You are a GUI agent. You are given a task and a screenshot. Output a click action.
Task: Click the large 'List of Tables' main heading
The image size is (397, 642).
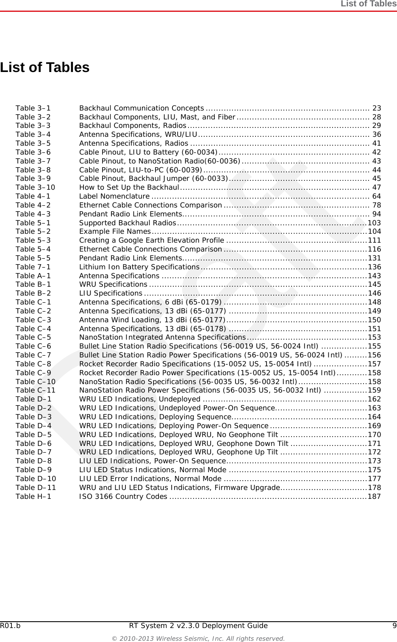(x=45, y=67)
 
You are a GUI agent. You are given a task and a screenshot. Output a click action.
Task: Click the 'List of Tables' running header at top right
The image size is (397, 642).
(x=368, y=4)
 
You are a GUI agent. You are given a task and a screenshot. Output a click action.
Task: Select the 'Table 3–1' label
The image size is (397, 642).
(x=33, y=108)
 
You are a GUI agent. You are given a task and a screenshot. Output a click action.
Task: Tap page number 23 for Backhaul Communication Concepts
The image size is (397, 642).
(x=376, y=108)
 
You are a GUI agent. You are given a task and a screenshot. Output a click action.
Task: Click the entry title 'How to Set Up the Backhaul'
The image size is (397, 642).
(x=129, y=187)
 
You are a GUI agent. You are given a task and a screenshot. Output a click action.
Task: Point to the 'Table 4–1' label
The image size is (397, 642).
(x=33, y=196)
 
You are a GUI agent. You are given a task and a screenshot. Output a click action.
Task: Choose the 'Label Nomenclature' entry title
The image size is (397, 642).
(x=114, y=196)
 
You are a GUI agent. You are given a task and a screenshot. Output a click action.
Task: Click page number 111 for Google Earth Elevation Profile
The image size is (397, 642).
(x=375, y=241)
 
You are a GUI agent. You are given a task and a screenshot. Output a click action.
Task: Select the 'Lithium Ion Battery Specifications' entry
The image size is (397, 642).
(x=139, y=267)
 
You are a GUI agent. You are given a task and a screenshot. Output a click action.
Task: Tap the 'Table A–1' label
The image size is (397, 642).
(x=33, y=276)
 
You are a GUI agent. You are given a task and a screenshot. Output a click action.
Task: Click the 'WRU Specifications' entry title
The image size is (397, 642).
(x=113, y=285)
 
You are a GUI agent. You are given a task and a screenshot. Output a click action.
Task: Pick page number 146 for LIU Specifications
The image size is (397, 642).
(x=375, y=293)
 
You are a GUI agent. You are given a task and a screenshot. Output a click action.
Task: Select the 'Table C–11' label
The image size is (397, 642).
(x=35, y=390)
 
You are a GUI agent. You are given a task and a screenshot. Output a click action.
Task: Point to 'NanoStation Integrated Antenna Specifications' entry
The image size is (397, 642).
(x=163, y=338)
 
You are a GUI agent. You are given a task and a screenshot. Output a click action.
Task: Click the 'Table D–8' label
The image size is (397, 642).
(x=33, y=461)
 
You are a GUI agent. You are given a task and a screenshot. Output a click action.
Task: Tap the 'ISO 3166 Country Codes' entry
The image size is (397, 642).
(x=123, y=496)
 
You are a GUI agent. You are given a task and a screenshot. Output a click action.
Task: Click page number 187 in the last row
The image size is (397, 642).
(x=375, y=496)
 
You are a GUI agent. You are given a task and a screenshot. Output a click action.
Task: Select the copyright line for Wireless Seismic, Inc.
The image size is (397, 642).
(x=198, y=638)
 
